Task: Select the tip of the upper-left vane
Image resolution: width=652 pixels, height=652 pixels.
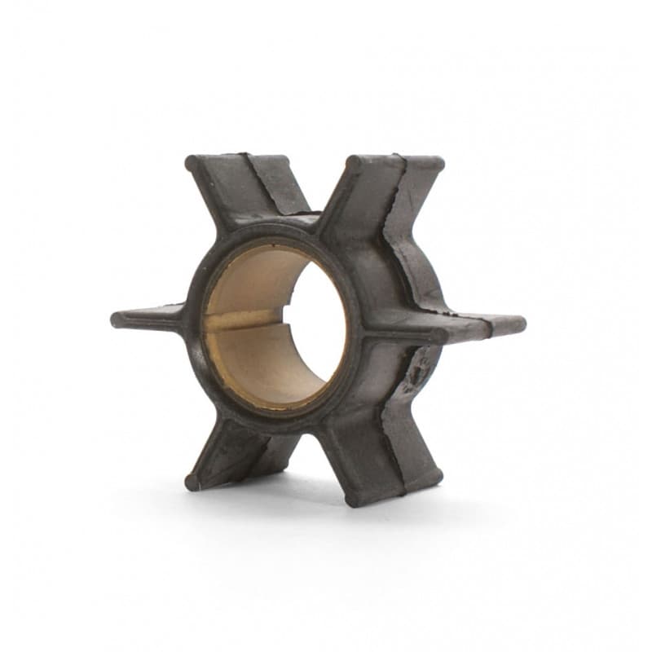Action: [193, 163]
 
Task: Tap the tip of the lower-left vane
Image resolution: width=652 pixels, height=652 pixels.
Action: [192, 481]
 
